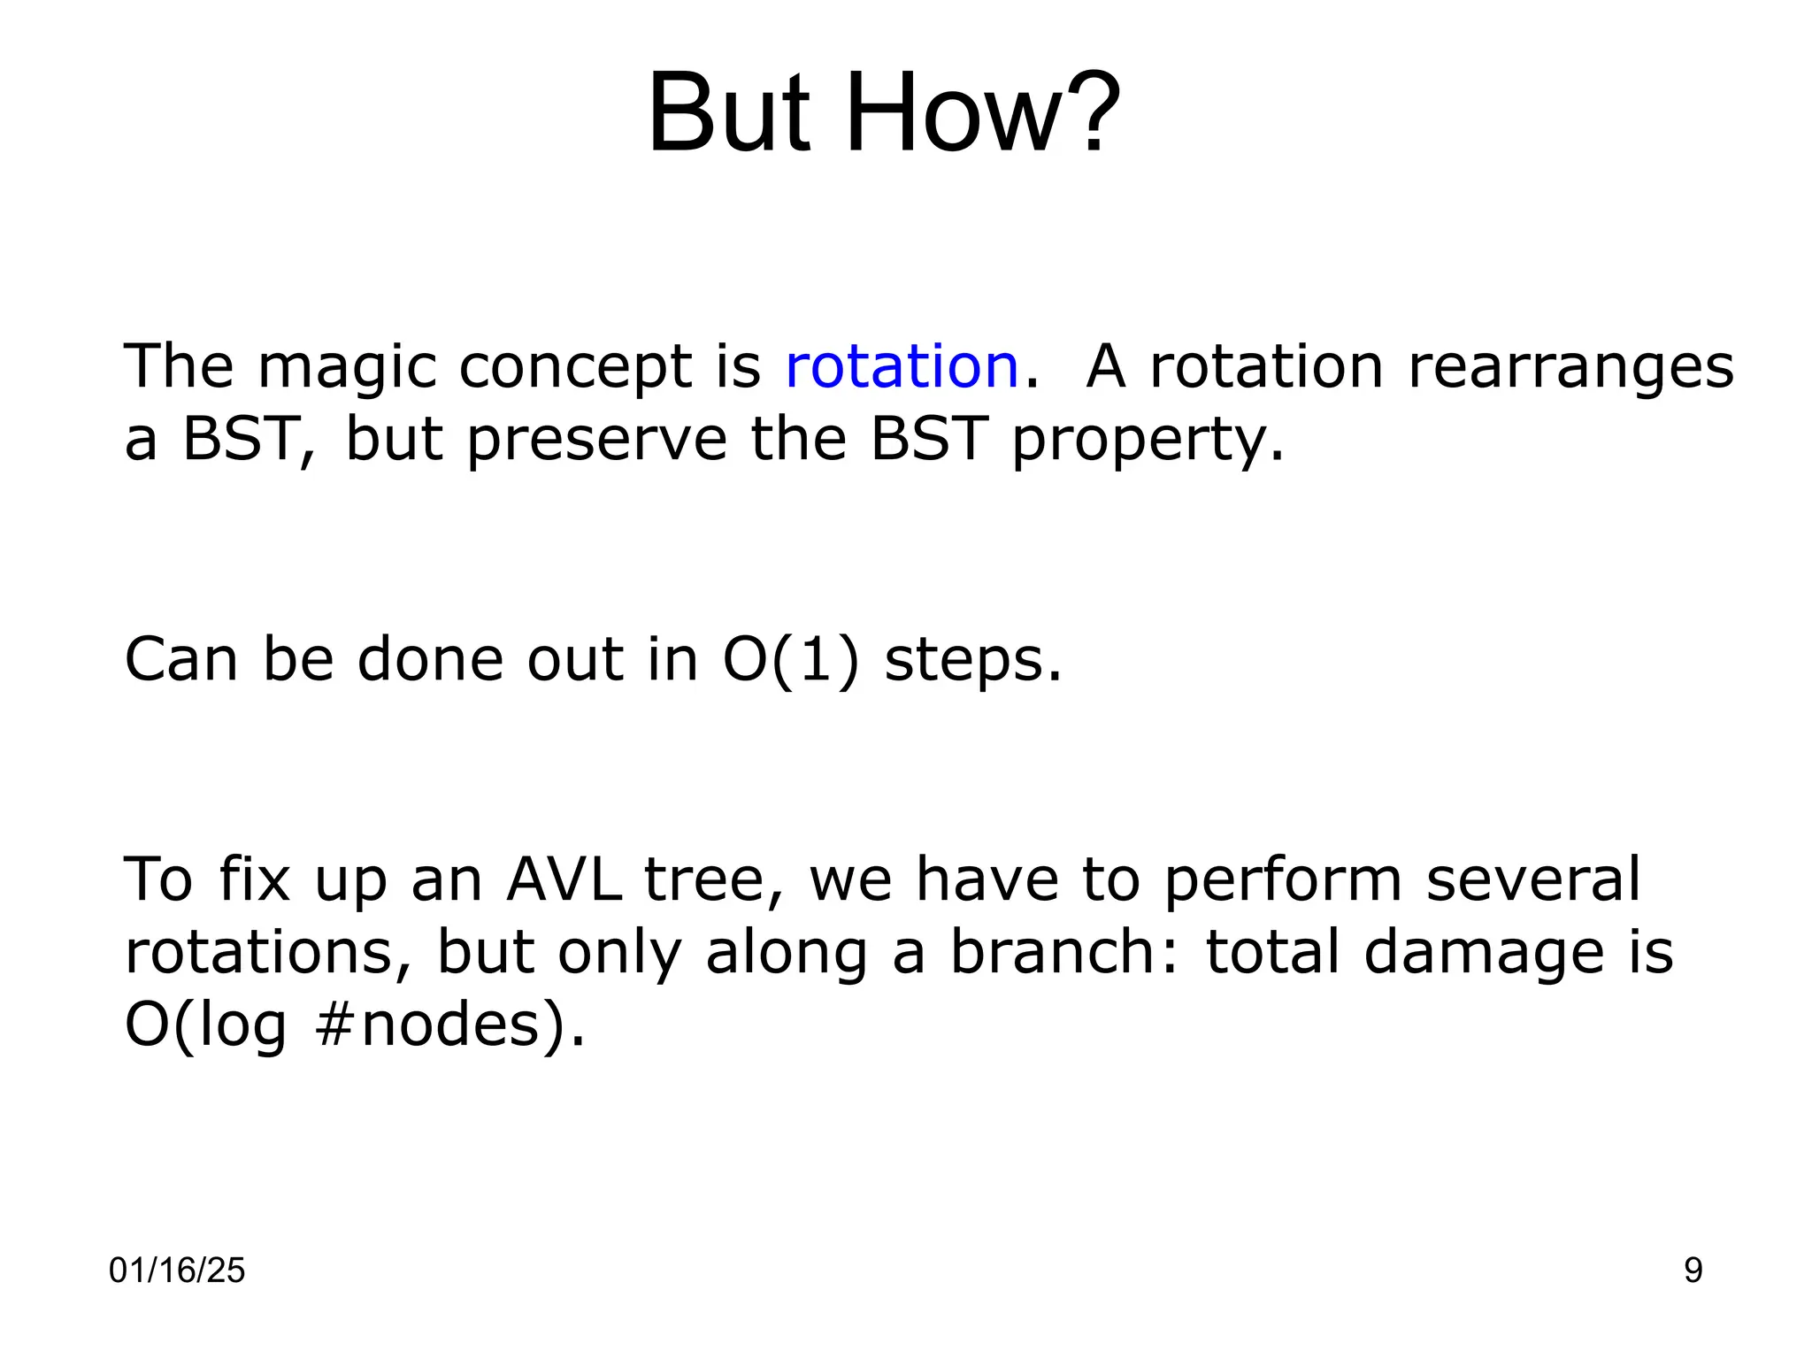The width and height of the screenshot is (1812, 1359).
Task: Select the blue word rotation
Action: [x=902, y=366]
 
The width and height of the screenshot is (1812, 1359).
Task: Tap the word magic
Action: [x=348, y=368]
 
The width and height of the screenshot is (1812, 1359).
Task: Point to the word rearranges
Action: [x=1570, y=368]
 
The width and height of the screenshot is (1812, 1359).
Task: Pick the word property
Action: [x=1147, y=440]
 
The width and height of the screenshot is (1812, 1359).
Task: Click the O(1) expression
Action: [x=791, y=659]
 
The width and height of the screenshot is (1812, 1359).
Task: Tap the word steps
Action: [x=972, y=661]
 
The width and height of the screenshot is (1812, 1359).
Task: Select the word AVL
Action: [x=564, y=879]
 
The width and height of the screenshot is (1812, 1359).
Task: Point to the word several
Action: [x=1533, y=879]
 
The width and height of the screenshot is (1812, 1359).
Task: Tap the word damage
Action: [x=1484, y=954]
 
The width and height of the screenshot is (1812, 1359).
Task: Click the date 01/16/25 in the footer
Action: [x=177, y=1271]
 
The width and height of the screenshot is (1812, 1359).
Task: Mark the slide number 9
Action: [x=1693, y=1271]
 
